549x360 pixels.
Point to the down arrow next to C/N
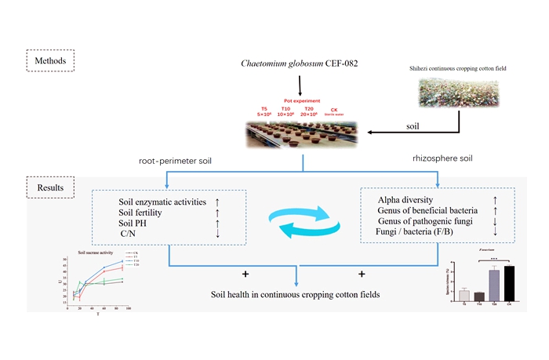[217, 233]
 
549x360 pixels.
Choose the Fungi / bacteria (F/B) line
[416, 232]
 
